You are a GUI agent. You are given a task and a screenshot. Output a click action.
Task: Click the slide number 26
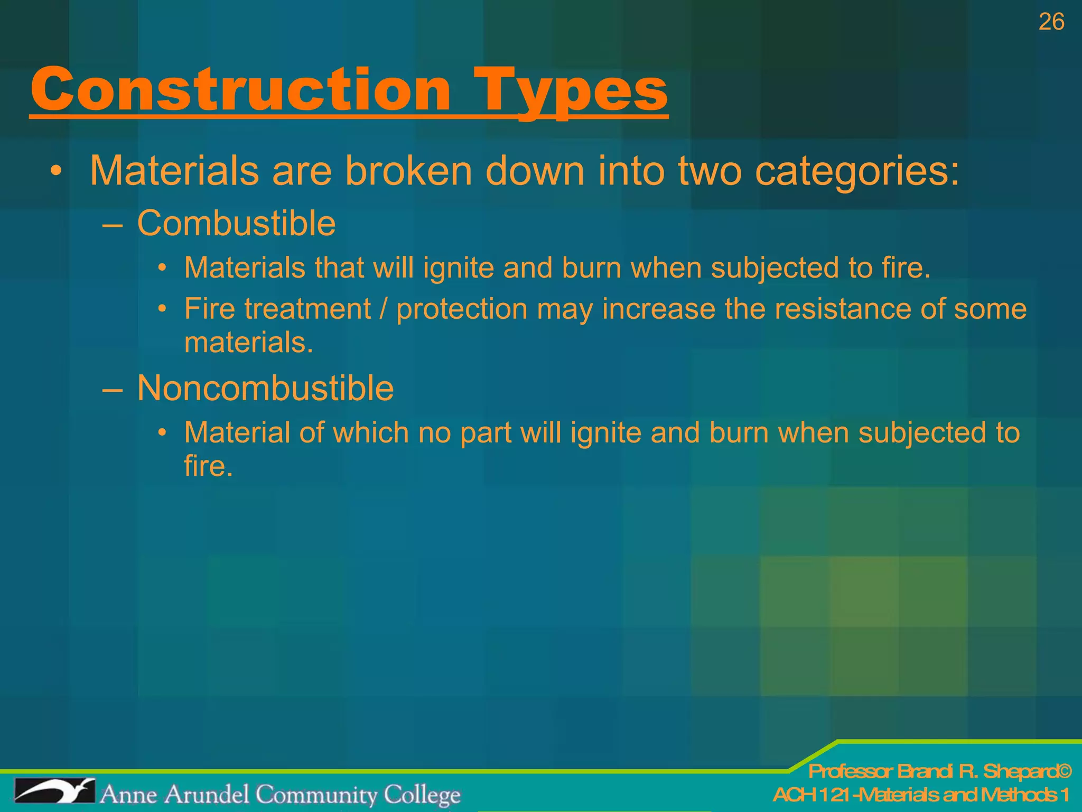pos(1051,22)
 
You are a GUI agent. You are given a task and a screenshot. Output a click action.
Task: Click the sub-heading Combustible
pos(236,223)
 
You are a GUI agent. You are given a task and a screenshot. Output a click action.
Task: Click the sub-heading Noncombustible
pos(265,388)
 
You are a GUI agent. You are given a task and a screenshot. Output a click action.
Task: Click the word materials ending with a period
pos(248,343)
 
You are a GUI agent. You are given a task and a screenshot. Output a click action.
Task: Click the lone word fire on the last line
pos(208,466)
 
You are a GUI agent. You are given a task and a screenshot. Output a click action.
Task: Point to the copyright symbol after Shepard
pos(1064,772)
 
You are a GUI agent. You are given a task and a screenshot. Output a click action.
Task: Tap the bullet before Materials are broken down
pos(57,172)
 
